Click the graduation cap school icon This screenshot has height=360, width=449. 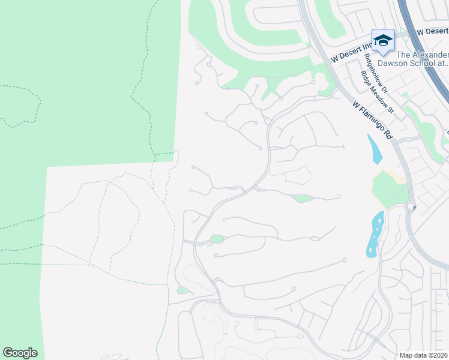coord(383,40)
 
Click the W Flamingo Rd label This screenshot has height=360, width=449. coord(372,120)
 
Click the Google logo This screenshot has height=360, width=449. coord(20,353)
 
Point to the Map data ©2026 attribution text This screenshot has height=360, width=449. coord(423,355)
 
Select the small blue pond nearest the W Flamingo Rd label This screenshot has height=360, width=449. coord(375,149)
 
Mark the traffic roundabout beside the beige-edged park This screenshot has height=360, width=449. coord(411,206)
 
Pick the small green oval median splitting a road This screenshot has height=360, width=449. coord(301,198)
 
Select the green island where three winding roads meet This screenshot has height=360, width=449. coord(217,239)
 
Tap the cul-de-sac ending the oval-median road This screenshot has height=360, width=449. coord(339,196)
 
